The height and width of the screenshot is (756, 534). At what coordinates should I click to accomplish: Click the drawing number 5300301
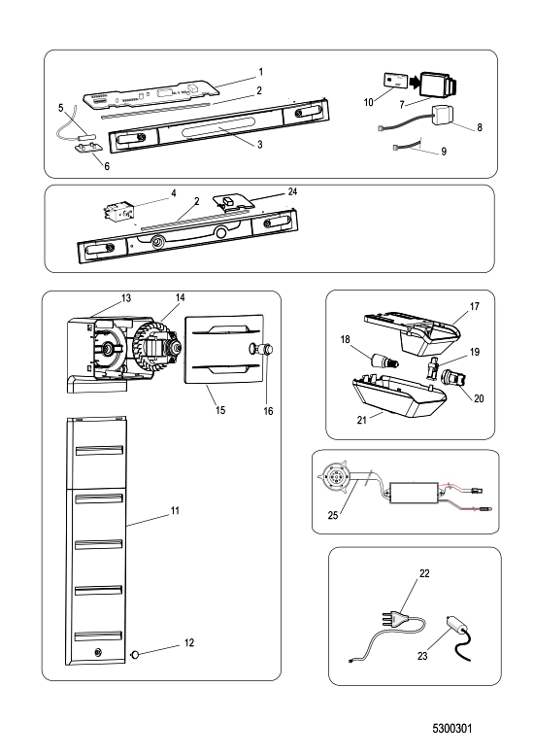(x=452, y=728)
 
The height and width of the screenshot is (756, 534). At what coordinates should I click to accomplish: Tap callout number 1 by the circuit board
(x=261, y=72)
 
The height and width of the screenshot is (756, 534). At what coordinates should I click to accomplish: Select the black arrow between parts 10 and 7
(x=415, y=83)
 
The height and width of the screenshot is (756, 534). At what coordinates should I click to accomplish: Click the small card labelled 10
(x=396, y=80)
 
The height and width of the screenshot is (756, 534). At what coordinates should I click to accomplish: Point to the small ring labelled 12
(x=135, y=654)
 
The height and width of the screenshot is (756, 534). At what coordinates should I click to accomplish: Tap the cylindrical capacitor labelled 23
(x=457, y=626)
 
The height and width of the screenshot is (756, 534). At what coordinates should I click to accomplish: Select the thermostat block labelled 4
(x=117, y=211)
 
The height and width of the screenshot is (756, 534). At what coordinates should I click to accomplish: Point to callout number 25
(x=333, y=515)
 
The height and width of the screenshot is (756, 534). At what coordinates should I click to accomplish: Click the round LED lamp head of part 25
(x=334, y=476)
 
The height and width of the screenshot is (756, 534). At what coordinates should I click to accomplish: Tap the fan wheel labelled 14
(x=150, y=347)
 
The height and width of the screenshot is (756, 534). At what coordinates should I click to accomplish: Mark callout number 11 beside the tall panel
(x=175, y=510)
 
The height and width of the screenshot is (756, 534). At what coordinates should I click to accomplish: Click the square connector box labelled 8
(x=444, y=115)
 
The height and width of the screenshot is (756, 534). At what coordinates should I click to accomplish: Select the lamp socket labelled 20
(x=454, y=378)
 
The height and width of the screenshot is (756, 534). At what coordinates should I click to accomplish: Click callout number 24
(x=292, y=191)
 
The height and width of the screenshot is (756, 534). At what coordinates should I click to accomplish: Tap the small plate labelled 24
(x=232, y=202)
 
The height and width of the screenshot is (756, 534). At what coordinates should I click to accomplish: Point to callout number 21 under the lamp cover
(x=362, y=420)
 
